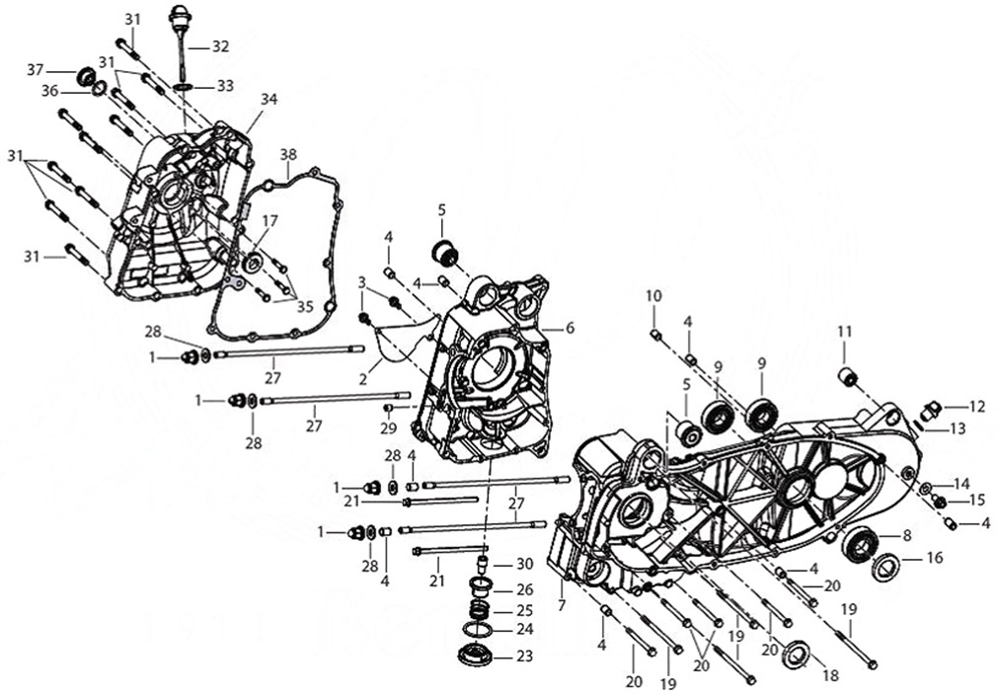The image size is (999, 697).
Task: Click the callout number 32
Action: tap(219, 46)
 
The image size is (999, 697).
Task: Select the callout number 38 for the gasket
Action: tap(288, 155)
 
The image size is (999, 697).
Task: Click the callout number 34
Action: tap(269, 99)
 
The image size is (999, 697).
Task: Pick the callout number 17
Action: tap(269, 220)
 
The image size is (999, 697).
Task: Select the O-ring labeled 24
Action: tap(479, 629)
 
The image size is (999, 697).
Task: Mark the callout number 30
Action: tap(525, 564)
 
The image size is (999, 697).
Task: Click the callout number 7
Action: tap(562, 604)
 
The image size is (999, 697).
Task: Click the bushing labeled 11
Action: tap(846, 376)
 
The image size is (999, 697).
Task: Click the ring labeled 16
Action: tap(885, 567)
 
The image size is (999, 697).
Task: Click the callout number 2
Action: tap(363, 378)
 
